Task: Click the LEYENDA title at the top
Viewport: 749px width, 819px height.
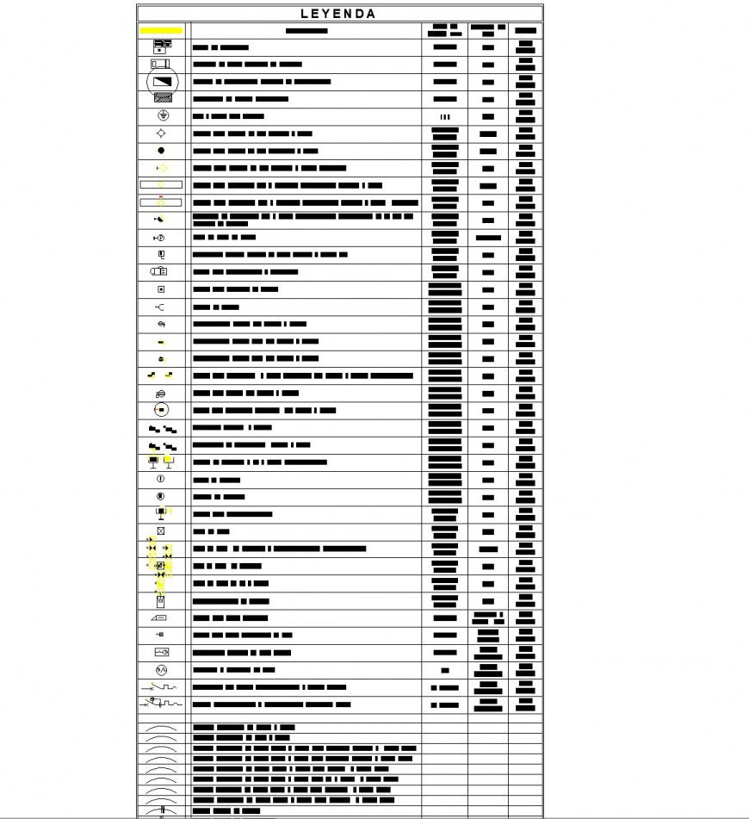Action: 338,14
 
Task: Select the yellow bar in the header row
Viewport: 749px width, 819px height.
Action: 161,30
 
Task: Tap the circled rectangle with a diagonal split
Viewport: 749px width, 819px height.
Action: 161,82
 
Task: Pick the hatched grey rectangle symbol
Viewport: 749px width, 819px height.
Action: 161,98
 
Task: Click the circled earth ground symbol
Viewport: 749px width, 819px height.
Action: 161,115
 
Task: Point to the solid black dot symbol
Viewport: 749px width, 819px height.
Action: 161,151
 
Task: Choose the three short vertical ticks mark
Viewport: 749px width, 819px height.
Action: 444,116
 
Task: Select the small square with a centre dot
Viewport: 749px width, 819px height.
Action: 161,289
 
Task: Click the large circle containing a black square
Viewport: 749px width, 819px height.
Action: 161,409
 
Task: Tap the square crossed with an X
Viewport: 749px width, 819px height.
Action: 161,530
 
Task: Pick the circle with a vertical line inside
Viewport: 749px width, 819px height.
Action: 161,479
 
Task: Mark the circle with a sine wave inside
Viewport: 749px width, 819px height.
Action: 161,669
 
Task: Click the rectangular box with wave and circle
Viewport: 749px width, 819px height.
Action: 161,652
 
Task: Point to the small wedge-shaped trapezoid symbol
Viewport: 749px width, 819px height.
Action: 160,617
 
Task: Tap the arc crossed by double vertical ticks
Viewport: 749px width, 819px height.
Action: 161,811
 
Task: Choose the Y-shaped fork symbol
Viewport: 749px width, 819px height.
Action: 160,307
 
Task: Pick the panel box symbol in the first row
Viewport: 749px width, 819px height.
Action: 162,47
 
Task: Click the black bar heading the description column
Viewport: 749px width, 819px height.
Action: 306,31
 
